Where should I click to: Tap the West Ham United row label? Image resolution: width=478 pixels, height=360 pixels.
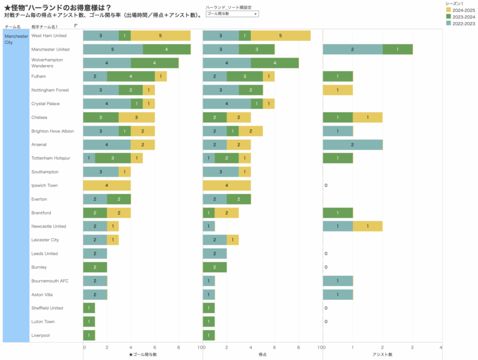point(49,36)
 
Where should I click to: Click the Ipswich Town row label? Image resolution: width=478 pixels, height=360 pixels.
point(46,185)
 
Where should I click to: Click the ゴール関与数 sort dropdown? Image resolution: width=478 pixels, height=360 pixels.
point(232,13)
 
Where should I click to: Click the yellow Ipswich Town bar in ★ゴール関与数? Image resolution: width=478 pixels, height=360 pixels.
point(107,186)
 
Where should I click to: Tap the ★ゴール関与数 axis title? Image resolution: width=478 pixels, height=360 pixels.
point(143,355)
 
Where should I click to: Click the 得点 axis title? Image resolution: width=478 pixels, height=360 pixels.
point(262,355)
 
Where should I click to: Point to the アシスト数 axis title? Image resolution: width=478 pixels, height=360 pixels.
point(382,355)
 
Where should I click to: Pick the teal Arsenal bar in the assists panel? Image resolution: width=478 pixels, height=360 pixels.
point(353,144)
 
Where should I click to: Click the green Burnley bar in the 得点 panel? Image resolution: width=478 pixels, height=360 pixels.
point(215,267)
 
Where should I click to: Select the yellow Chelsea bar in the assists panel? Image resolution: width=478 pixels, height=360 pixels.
point(367,118)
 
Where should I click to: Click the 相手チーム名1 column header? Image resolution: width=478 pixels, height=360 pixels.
point(45,27)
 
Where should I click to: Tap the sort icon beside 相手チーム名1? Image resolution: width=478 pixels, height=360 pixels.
point(76,26)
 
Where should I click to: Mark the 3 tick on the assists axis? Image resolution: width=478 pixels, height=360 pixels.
point(412,347)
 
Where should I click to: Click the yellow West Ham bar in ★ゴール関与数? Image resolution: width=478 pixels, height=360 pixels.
point(161,36)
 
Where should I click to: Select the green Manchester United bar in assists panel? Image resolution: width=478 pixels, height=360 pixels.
point(397,50)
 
